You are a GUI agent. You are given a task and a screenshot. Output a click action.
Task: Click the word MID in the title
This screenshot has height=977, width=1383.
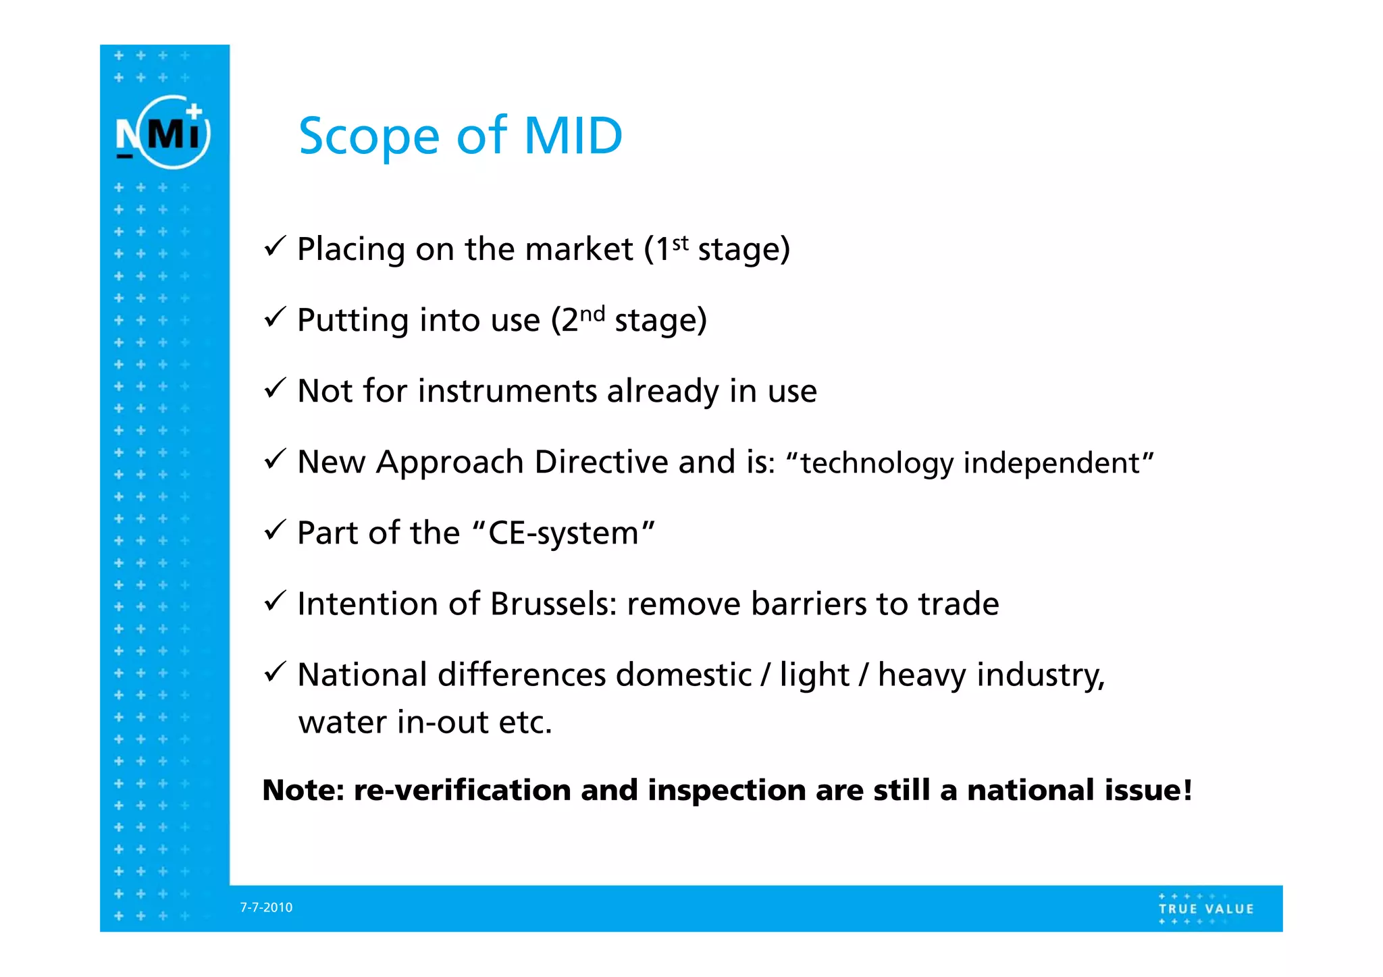[x=573, y=136]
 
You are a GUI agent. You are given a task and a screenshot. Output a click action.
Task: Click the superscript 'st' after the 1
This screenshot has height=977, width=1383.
[x=681, y=242]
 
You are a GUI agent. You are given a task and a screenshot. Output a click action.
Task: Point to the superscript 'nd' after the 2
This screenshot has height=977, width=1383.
[x=592, y=314]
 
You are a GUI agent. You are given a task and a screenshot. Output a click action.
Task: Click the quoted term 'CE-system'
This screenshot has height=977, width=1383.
[x=563, y=533]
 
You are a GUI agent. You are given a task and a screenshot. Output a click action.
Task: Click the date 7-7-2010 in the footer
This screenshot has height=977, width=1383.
[x=266, y=907]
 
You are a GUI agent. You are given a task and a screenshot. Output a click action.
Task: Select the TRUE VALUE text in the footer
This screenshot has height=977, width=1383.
[x=1206, y=909]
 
